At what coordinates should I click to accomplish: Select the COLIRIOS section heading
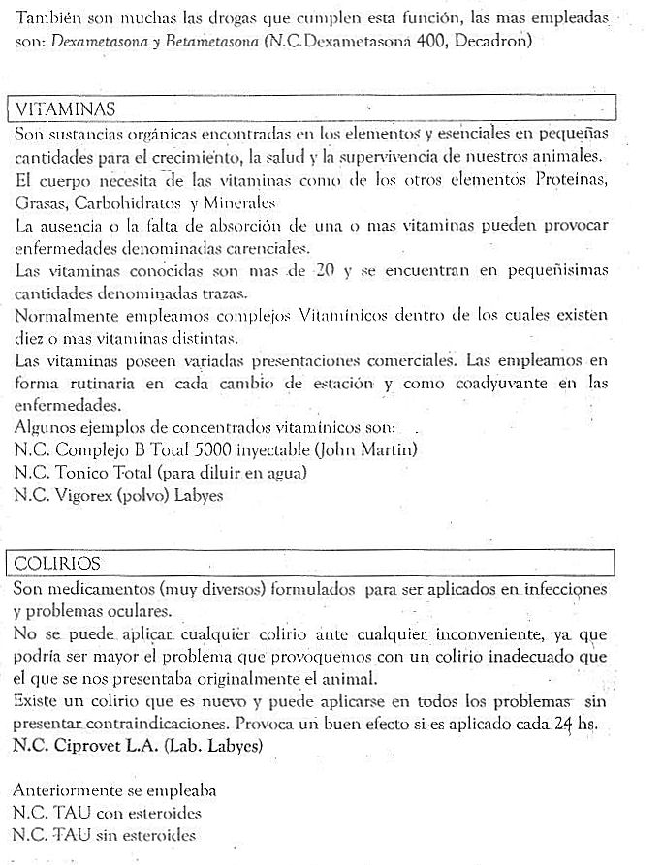pyautogui.click(x=57, y=564)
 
